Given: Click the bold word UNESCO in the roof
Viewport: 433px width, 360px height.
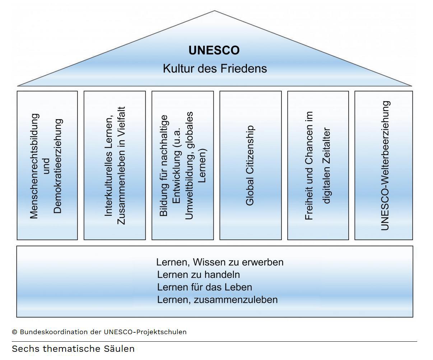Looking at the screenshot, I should [x=214, y=50].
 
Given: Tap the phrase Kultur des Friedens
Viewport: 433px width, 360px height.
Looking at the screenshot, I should [x=215, y=68].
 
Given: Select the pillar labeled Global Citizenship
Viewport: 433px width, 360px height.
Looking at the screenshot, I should [x=250, y=165].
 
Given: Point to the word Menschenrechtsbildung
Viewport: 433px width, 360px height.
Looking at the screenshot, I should [x=34, y=166].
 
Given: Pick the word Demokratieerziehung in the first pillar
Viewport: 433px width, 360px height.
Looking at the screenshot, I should [x=57, y=166].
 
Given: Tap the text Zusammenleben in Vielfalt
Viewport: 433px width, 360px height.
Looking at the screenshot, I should [x=121, y=165].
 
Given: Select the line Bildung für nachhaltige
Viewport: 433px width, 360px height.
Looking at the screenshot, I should [x=164, y=165].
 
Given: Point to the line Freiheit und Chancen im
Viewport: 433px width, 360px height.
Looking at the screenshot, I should [x=309, y=165].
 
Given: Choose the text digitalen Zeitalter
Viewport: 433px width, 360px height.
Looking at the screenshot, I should [x=326, y=165].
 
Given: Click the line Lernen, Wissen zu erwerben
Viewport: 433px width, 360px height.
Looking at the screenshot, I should [x=220, y=262].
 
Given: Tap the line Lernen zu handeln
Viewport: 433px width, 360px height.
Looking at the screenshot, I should [x=199, y=275].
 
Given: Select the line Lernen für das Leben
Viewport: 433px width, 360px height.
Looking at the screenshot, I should [x=205, y=287].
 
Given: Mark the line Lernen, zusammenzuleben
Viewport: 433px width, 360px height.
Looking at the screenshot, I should [x=217, y=300].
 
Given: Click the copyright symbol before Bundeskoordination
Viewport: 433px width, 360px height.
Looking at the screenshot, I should [x=14, y=332].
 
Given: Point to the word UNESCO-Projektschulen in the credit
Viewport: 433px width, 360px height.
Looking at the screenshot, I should [x=145, y=332].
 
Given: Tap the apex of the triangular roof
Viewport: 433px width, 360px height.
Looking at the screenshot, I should [x=215, y=11].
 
